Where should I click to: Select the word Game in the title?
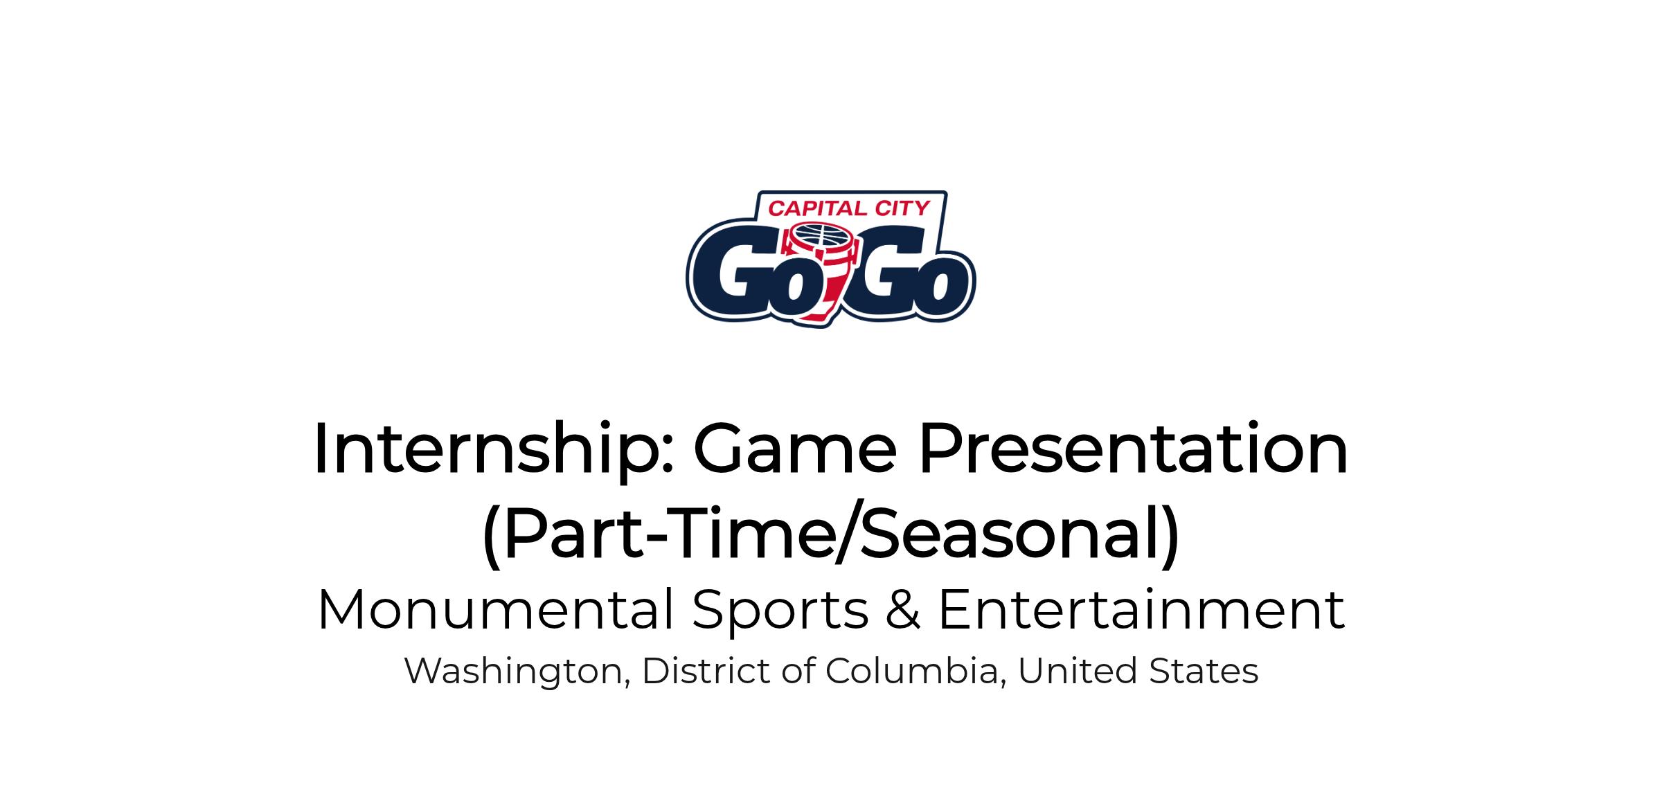click(x=795, y=449)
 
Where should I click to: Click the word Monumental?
click(x=495, y=609)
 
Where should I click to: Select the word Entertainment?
click(x=1141, y=609)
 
